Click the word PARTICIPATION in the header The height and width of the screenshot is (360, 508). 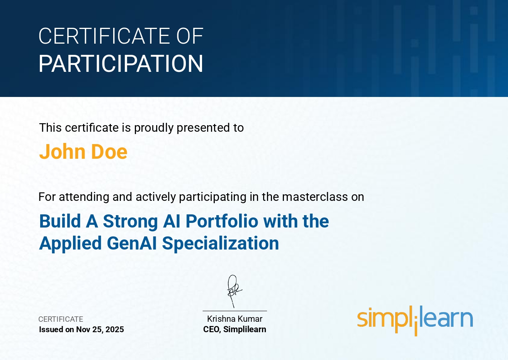pos(121,64)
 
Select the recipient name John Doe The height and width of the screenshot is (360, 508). pos(83,151)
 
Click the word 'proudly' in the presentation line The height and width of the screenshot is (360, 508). pos(154,127)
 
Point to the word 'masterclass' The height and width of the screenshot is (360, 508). pos(315,197)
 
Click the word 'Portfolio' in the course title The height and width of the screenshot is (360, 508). pos(222,221)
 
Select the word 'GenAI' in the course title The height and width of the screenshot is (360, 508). pos(132,243)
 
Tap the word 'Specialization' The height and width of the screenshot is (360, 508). pos(221,243)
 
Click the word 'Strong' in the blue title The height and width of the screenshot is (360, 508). pos(131,221)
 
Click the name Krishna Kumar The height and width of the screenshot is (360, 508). pos(235,319)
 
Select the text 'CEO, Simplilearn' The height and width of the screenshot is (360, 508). pos(235,329)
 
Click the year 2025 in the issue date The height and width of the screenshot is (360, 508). pos(114,329)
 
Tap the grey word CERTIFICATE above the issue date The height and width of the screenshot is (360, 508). pos(61,319)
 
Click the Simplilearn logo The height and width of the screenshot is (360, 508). pos(415,320)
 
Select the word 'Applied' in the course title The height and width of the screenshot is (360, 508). pos(70,243)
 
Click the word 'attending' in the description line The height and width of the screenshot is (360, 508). pos(84,197)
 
